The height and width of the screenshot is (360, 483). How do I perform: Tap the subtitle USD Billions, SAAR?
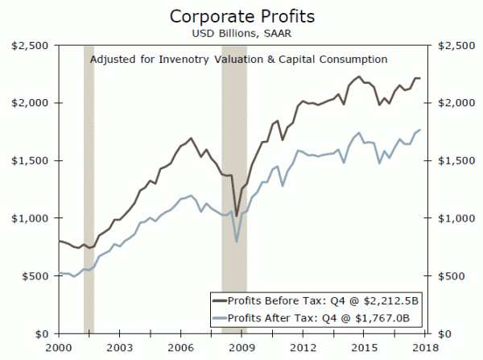tap(241, 33)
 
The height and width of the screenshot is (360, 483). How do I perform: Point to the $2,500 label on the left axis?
tap(28, 46)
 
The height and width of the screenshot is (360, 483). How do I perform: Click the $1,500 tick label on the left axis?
tap(28, 161)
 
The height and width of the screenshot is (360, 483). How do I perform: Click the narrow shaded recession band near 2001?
tap(89, 193)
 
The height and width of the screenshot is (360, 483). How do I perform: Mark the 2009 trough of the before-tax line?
tap(236, 215)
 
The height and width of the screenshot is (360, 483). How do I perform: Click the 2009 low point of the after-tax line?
tap(236, 241)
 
